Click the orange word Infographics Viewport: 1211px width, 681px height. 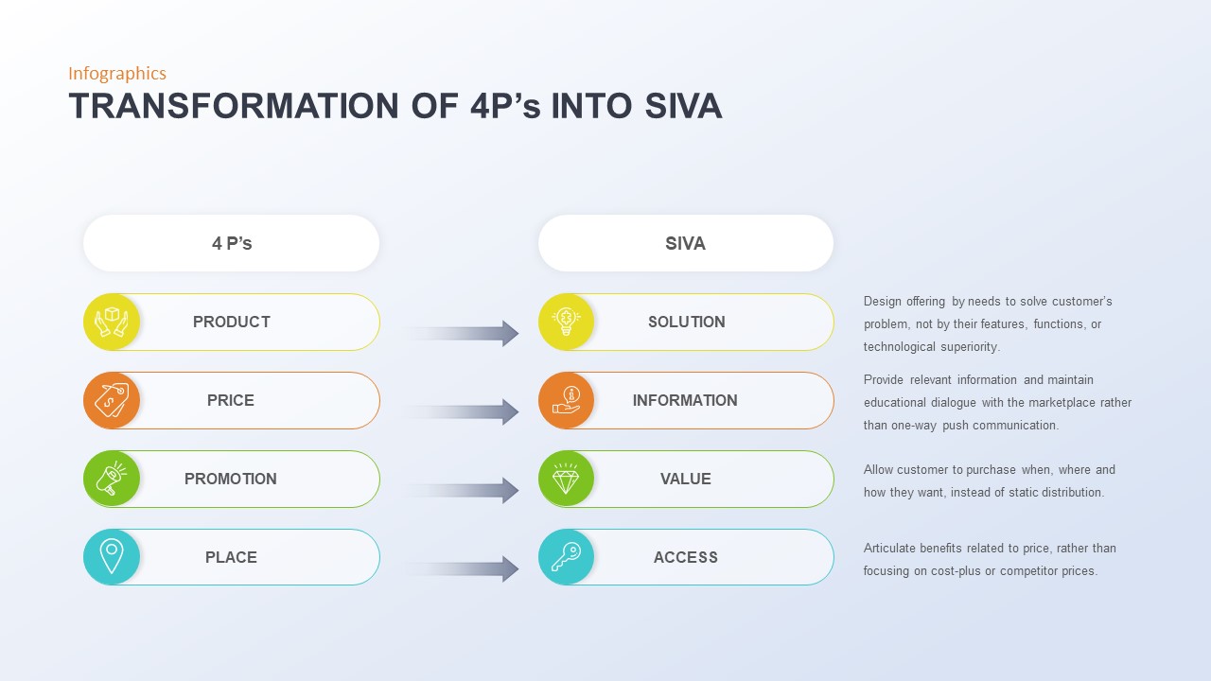117,74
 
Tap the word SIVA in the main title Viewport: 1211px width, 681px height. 683,106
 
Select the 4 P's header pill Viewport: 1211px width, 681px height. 232,243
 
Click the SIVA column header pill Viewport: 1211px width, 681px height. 686,243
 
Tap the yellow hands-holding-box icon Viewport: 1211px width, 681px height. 112,322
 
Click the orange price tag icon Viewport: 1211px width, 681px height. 112,400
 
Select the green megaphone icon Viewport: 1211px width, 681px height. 112,479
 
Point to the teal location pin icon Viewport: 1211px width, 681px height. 112,557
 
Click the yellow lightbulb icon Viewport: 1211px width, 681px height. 566,322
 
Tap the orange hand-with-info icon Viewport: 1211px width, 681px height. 566,400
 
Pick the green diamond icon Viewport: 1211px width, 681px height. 566,479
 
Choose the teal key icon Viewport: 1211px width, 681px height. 566,557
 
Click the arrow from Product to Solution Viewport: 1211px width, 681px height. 464,333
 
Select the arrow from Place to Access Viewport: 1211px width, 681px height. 464,568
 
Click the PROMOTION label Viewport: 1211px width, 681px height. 231,479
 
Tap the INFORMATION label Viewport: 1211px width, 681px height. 685,400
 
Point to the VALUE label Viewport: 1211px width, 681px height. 686,479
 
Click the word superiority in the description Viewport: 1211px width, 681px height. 970,347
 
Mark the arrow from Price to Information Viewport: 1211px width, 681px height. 464,411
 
